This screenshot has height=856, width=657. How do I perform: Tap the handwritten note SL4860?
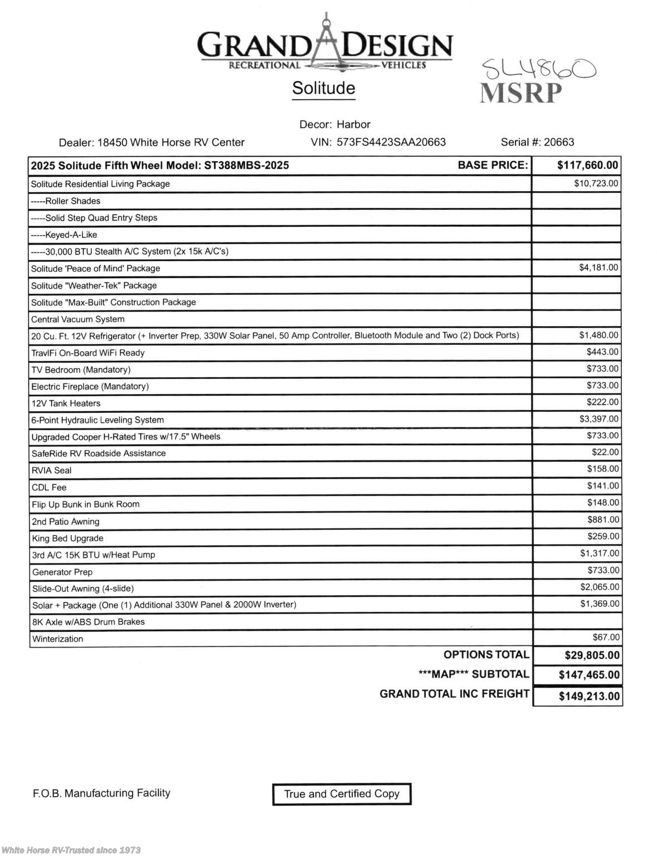pyautogui.click(x=538, y=70)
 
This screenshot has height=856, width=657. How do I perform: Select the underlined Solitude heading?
pyautogui.click(x=324, y=88)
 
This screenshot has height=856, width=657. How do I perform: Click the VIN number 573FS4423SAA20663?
pyautogui.click(x=391, y=142)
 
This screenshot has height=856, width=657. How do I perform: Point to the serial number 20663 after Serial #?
pyautogui.click(x=559, y=142)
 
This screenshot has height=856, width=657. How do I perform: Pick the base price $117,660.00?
pyautogui.click(x=587, y=165)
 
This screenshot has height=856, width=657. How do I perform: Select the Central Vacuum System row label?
pyautogui.click(x=78, y=319)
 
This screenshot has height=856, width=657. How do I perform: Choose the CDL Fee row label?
pyautogui.click(x=49, y=488)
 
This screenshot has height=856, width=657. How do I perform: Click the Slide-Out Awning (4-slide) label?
pyautogui.click(x=83, y=588)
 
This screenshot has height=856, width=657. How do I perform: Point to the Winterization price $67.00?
pyautogui.click(x=606, y=637)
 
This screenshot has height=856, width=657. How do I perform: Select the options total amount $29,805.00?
pyautogui.click(x=592, y=655)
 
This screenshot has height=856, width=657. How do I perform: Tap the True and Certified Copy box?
pyautogui.click(x=342, y=794)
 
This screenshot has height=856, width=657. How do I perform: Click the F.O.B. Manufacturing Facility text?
pyautogui.click(x=101, y=793)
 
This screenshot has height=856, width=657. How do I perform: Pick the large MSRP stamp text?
pyautogui.click(x=521, y=93)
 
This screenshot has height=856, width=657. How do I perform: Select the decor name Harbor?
pyautogui.click(x=353, y=124)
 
